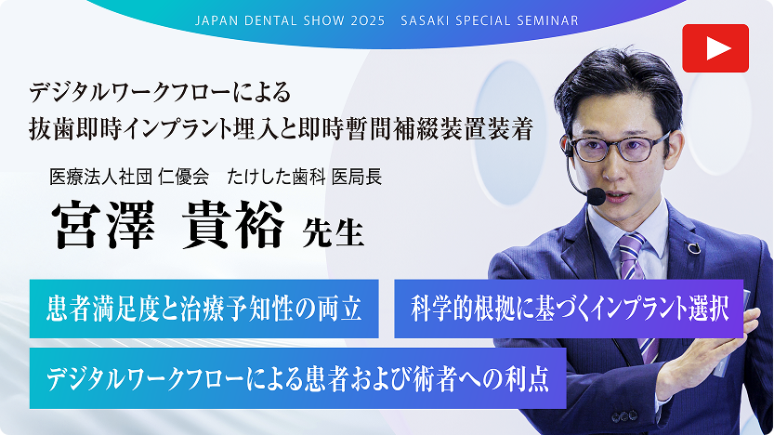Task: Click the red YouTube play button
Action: pyautogui.click(x=715, y=48)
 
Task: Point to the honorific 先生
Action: pyautogui.click(x=333, y=232)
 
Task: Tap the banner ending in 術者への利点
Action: pyautogui.click(x=297, y=378)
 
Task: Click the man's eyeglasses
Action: pyautogui.click(x=618, y=148)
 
